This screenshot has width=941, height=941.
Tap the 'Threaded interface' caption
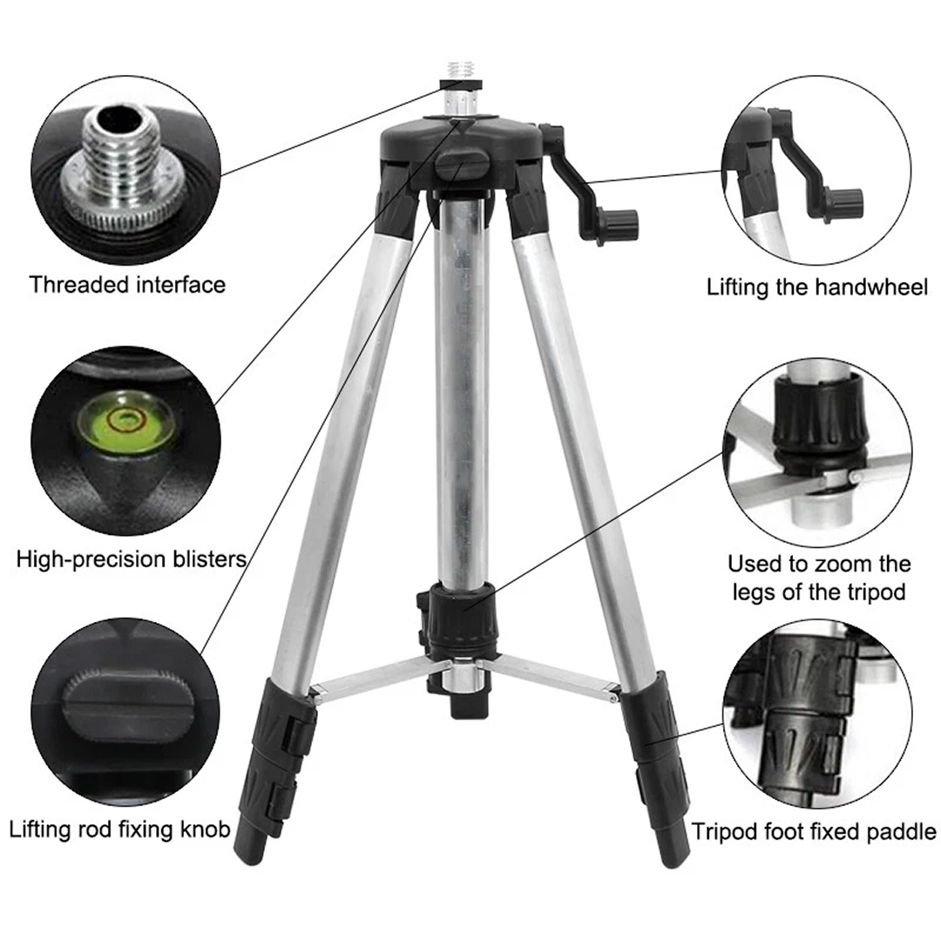(x=127, y=284)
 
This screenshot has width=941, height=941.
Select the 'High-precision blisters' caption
(x=131, y=559)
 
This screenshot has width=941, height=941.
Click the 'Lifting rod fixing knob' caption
(x=120, y=828)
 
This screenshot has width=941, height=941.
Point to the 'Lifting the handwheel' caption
(x=817, y=287)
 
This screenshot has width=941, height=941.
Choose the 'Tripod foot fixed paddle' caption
(x=815, y=830)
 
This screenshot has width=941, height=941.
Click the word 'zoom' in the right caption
(x=840, y=564)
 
